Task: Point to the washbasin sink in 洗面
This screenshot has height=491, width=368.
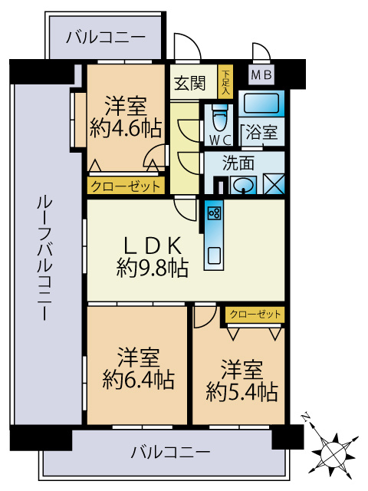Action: (x=245, y=185)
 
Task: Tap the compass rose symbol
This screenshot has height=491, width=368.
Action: (x=334, y=449)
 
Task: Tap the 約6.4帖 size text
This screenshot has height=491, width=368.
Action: (x=138, y=378)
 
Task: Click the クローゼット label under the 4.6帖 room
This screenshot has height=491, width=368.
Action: (x=126, y=186)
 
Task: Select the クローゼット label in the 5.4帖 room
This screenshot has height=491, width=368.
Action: (x=255, y=314)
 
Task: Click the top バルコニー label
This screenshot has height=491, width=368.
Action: (x=105, y=36)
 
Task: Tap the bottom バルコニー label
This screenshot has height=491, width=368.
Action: (x=169, y=452)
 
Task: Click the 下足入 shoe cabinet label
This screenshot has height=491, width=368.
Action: (x=225, y=81)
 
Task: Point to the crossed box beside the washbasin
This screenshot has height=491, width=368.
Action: (x=274, y=185)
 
